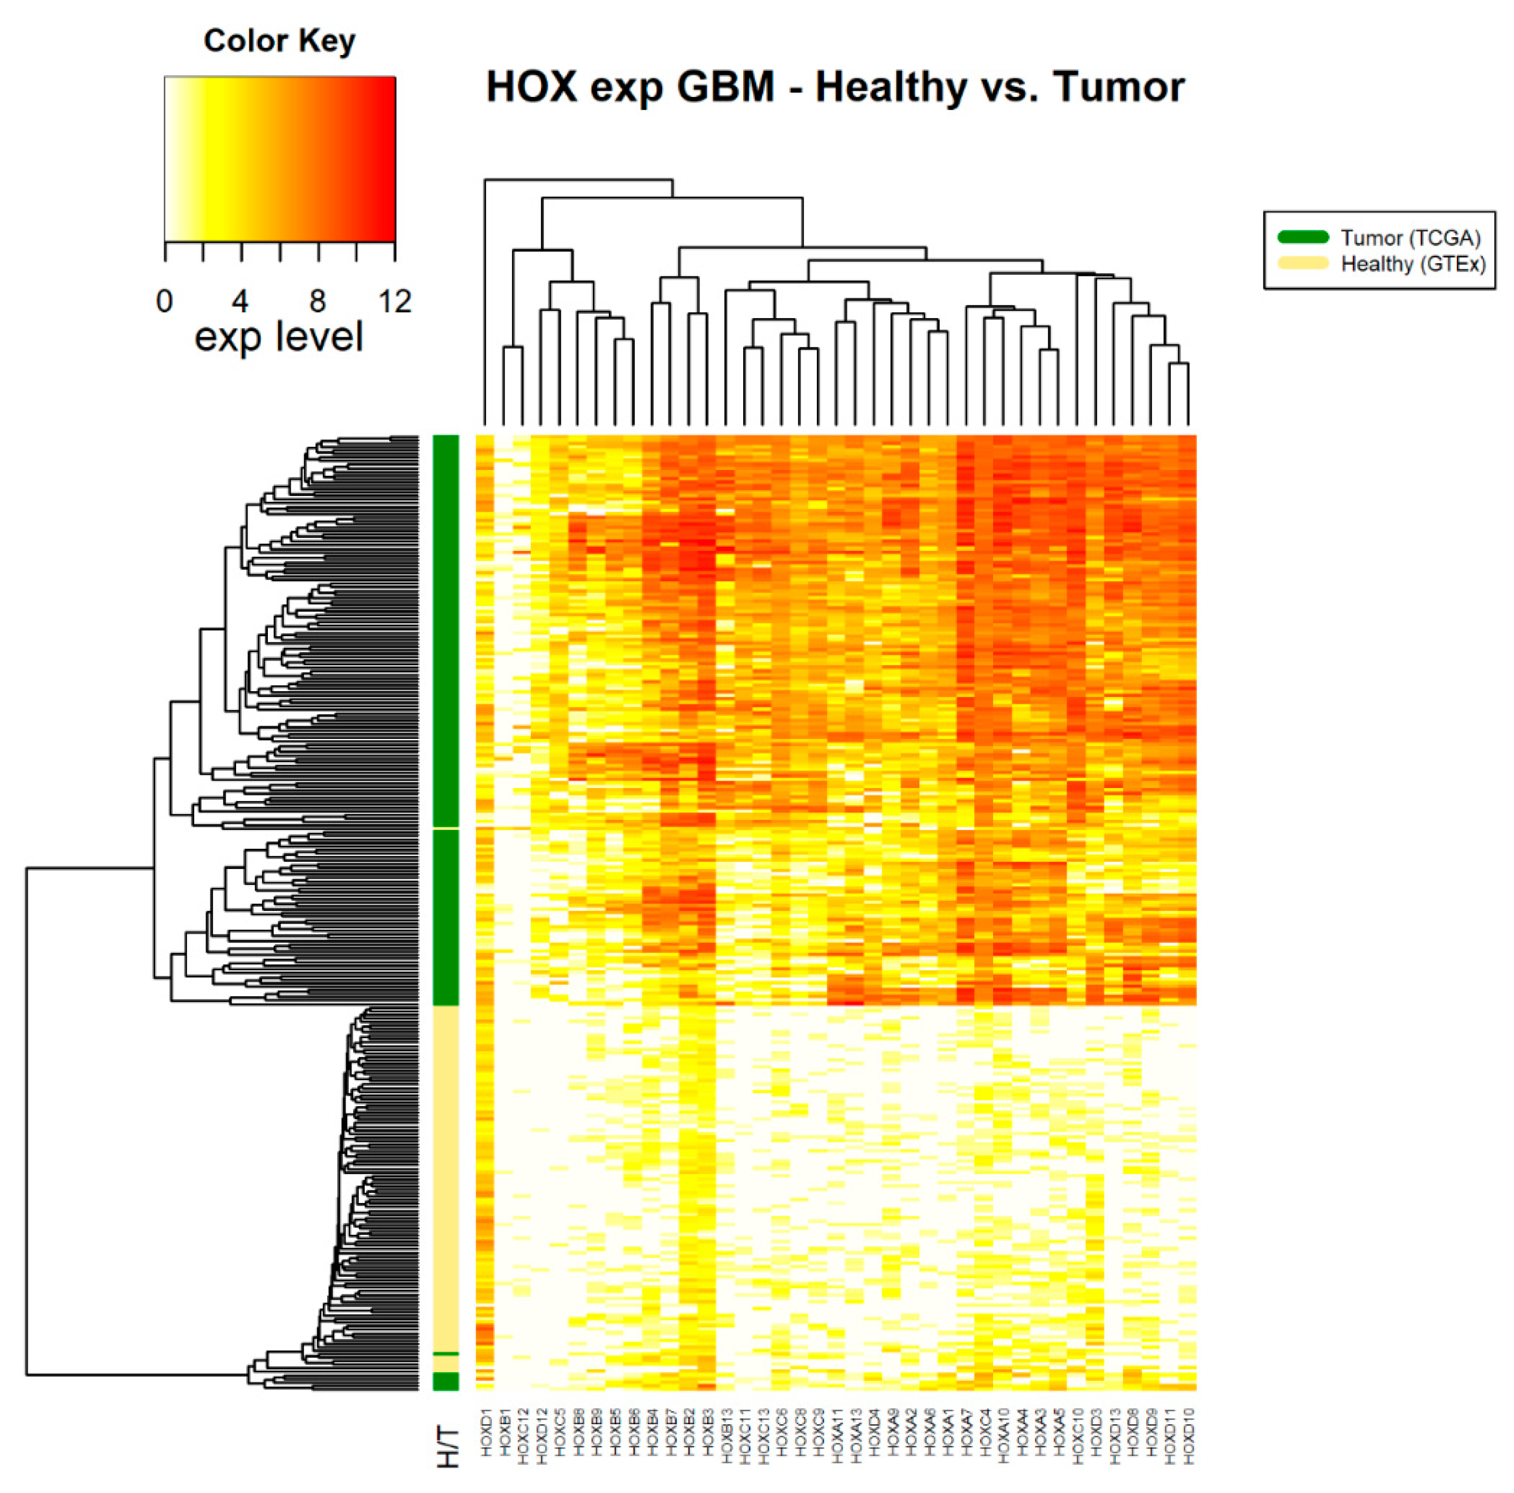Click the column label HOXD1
486,1433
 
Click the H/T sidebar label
447,1446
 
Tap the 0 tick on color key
165,301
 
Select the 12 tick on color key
394,301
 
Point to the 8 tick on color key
318,301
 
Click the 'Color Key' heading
279,41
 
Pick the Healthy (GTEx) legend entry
1413,264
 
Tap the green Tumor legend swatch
1303,237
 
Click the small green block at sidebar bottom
446,1381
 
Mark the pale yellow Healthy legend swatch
1303,263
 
